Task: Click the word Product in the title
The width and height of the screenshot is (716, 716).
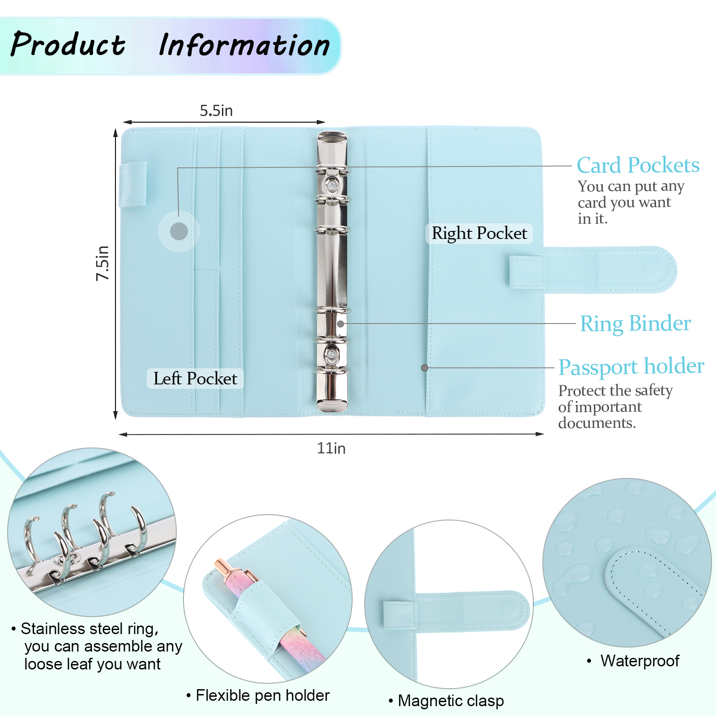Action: (x=68, y=45)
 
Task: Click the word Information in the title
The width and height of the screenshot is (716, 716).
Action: (x=244, y=46)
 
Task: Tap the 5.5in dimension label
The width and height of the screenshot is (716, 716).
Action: (x=216, y=111)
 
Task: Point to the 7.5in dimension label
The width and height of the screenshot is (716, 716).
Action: (x=103, y=263)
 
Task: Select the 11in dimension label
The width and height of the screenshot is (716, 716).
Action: (x=331, y=448)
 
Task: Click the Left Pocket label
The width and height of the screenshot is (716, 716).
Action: (x=195, y=379)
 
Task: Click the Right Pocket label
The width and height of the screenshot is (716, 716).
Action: (x=479, y=233)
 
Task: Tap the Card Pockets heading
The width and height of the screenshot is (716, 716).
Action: (x=638, y=165)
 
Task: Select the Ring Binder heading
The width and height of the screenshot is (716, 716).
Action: (x=635, y=324)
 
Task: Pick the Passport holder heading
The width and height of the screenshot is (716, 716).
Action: (x=631, y=367)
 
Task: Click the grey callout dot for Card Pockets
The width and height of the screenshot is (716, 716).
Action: (x=179, y=231)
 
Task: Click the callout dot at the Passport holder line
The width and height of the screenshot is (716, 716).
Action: (x=425, y=368)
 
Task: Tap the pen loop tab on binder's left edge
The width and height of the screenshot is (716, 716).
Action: (x=133, y=184)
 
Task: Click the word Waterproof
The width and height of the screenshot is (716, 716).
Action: (x=640, y=661)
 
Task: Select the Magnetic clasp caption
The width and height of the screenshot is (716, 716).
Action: (x=451, y=701)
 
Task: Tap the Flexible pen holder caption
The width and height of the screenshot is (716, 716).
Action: (x=263, y=695)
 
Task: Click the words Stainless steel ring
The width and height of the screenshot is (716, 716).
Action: (x=89, y=629)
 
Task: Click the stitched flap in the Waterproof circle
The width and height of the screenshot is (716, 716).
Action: (x=649, y=586)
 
